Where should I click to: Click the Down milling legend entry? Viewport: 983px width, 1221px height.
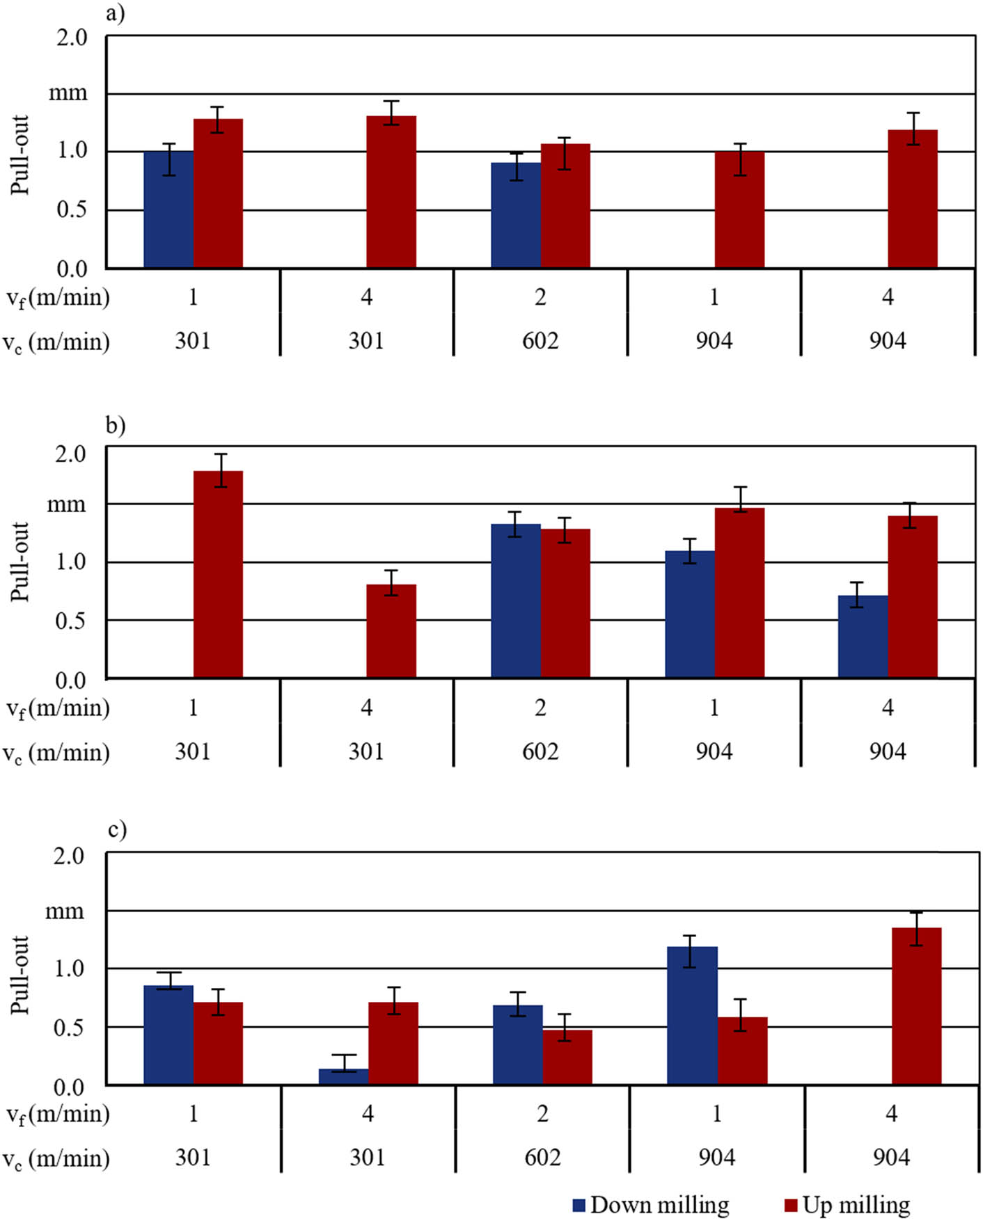(x=651, y=1204)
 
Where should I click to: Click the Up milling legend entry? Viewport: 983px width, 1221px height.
(x=847, y=1204)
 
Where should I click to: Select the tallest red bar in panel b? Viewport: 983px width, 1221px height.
(x=218, y=574)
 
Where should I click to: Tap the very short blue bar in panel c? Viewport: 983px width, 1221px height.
(x=343, y=1076)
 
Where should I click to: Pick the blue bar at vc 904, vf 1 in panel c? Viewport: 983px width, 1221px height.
(x=691, y=1015)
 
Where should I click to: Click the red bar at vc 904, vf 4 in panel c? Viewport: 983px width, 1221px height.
(x=916, y=1006)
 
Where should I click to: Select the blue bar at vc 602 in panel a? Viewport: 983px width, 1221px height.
(x=515, y=215)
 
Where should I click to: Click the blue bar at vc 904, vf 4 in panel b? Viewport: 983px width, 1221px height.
(x=863, y=636)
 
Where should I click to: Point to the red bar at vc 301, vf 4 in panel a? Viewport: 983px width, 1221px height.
(x=391, y=191)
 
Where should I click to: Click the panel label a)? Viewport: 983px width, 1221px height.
(x=115, y=13)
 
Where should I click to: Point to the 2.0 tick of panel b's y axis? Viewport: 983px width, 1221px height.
(x=70, y=454)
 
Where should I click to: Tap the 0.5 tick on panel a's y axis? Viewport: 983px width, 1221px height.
(x=72, y=209)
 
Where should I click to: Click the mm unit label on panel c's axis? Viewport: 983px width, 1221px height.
(x=64, y=911)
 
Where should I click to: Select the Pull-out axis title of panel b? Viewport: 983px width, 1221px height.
(x=20, y=562)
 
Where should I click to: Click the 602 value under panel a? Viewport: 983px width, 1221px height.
(x=540, y=341)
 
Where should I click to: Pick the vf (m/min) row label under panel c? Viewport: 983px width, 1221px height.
(x=58, y=1114)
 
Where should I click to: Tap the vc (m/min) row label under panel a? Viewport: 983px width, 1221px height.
(x=56, y=342)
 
